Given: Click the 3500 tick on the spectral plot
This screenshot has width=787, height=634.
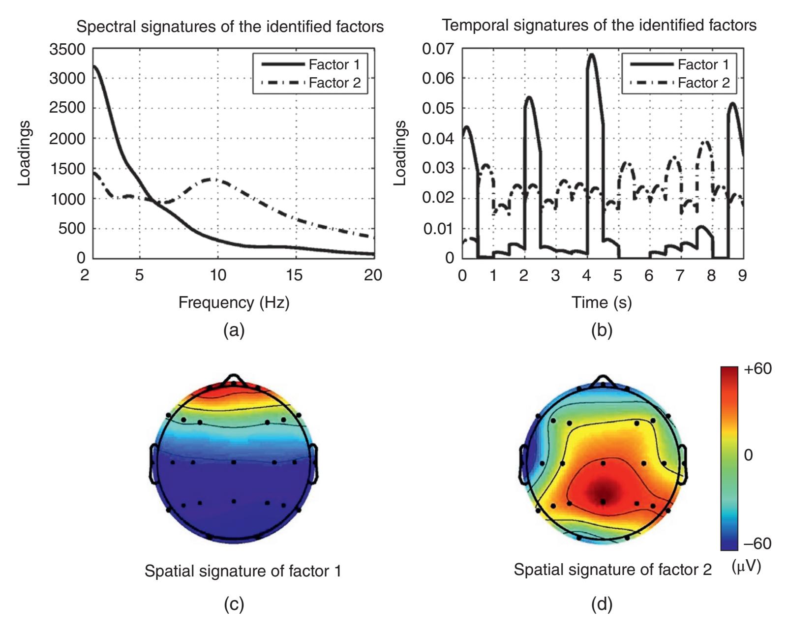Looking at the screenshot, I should coord(67,49).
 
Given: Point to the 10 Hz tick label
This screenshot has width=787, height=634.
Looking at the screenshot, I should coord(218,275).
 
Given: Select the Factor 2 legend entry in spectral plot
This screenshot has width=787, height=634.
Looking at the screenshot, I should coord(334,83).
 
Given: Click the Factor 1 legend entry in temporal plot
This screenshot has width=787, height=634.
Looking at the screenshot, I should coord(703,64).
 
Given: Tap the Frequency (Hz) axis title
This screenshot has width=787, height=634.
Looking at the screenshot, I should coord(234,302).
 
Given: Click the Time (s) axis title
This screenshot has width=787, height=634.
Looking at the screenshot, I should coord(602,302).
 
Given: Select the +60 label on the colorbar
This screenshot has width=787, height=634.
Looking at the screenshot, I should coord(757,369).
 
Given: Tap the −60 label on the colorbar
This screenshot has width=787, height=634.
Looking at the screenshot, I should coord(757,543).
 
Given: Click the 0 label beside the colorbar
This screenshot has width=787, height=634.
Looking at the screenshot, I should coord(748,455).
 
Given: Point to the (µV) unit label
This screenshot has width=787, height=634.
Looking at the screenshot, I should coord(746,567).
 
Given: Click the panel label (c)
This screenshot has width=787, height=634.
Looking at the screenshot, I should coord(234,604).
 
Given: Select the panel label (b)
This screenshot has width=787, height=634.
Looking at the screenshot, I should coord(602,331).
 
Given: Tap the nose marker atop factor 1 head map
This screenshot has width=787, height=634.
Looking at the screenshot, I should coord(234,379).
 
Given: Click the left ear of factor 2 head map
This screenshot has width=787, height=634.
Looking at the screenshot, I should coord(524,462).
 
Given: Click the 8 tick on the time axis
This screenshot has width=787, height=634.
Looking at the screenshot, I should coord(711,275).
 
